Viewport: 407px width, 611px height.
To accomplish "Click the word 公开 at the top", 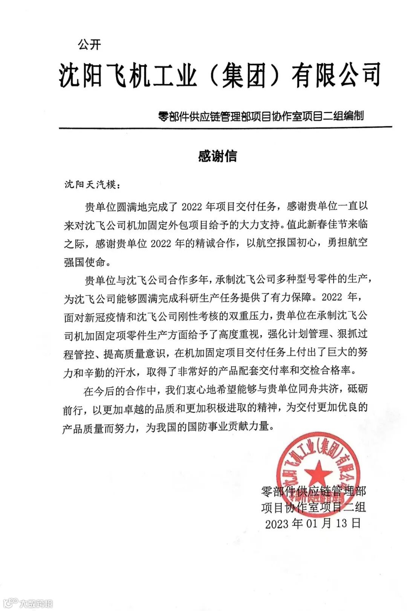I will click(89, 45).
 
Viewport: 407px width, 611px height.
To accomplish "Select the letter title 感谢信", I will click(217, 156).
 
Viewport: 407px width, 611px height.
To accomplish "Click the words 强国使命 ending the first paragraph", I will click(84, 262).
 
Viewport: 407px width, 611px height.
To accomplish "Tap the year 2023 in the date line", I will click(277, 524).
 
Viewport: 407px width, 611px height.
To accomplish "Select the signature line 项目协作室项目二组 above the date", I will click(314, 507).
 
